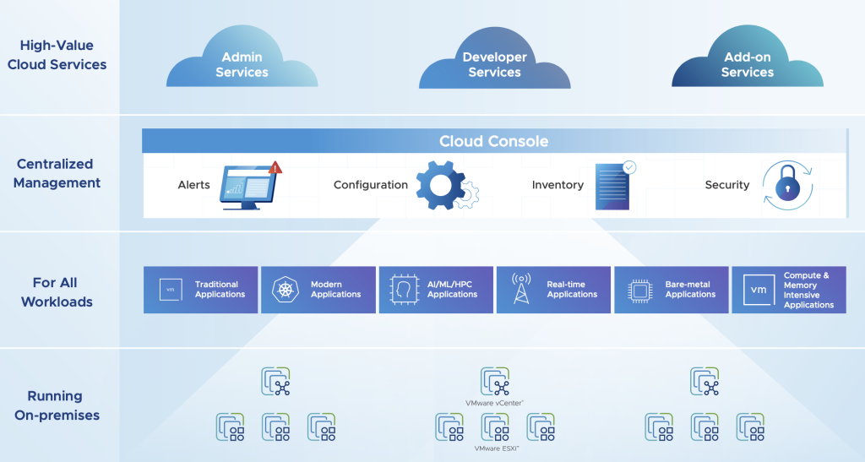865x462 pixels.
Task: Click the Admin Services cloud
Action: coord(242,64)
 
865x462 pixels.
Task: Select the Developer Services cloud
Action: coord(494,64)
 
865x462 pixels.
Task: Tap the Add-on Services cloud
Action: coord(747,64)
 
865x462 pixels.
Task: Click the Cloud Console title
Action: coord(493,141)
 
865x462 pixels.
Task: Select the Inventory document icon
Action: coord(614,185)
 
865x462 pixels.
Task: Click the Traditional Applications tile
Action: coord(200,290)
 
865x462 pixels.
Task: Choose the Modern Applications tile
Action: coord(318,290)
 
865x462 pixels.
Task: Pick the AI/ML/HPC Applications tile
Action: coord(436,290)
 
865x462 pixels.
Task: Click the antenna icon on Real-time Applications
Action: coord(521,290)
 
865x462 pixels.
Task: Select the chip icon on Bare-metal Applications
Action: coord(639,291)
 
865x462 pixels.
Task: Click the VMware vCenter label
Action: coord(494,403)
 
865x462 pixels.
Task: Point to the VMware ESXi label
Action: coord(494,448)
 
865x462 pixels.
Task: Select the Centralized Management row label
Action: coord(57,173)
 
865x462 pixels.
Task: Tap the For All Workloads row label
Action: coord(57,291)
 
